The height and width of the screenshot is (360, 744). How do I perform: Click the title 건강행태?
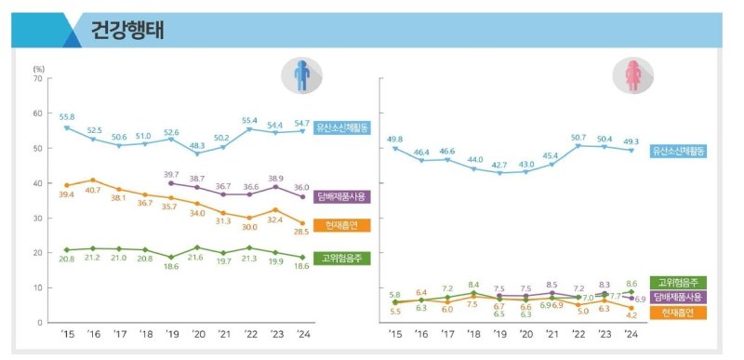(x=127, y=31)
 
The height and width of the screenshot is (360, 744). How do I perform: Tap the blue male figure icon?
(x=301, y=77)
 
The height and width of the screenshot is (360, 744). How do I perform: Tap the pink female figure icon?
(x=632, y=77)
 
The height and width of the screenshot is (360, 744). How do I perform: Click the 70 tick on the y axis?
(x=37, y=79)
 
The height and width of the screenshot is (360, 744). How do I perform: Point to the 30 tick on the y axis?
(x=37, y=218)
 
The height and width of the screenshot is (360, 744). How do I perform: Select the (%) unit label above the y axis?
(x=38, y=68)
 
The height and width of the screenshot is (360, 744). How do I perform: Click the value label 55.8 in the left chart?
(x=67, y=116)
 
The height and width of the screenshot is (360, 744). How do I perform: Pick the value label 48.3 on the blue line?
(x=198, y=144)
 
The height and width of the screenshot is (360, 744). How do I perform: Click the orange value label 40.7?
(x=92, y=190)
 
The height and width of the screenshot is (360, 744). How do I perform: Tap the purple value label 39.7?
(x=171, y=174)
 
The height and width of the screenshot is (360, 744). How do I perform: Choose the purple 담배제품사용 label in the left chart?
(x=341, y=196)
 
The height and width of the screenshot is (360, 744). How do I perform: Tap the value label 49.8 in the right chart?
(x=394, y=138)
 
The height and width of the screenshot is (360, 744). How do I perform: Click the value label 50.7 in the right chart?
(x=578, y=136)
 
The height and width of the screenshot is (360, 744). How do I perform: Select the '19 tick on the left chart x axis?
(x=171, y=335)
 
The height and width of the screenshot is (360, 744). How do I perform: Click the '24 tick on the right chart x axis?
(x=632, y=335)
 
